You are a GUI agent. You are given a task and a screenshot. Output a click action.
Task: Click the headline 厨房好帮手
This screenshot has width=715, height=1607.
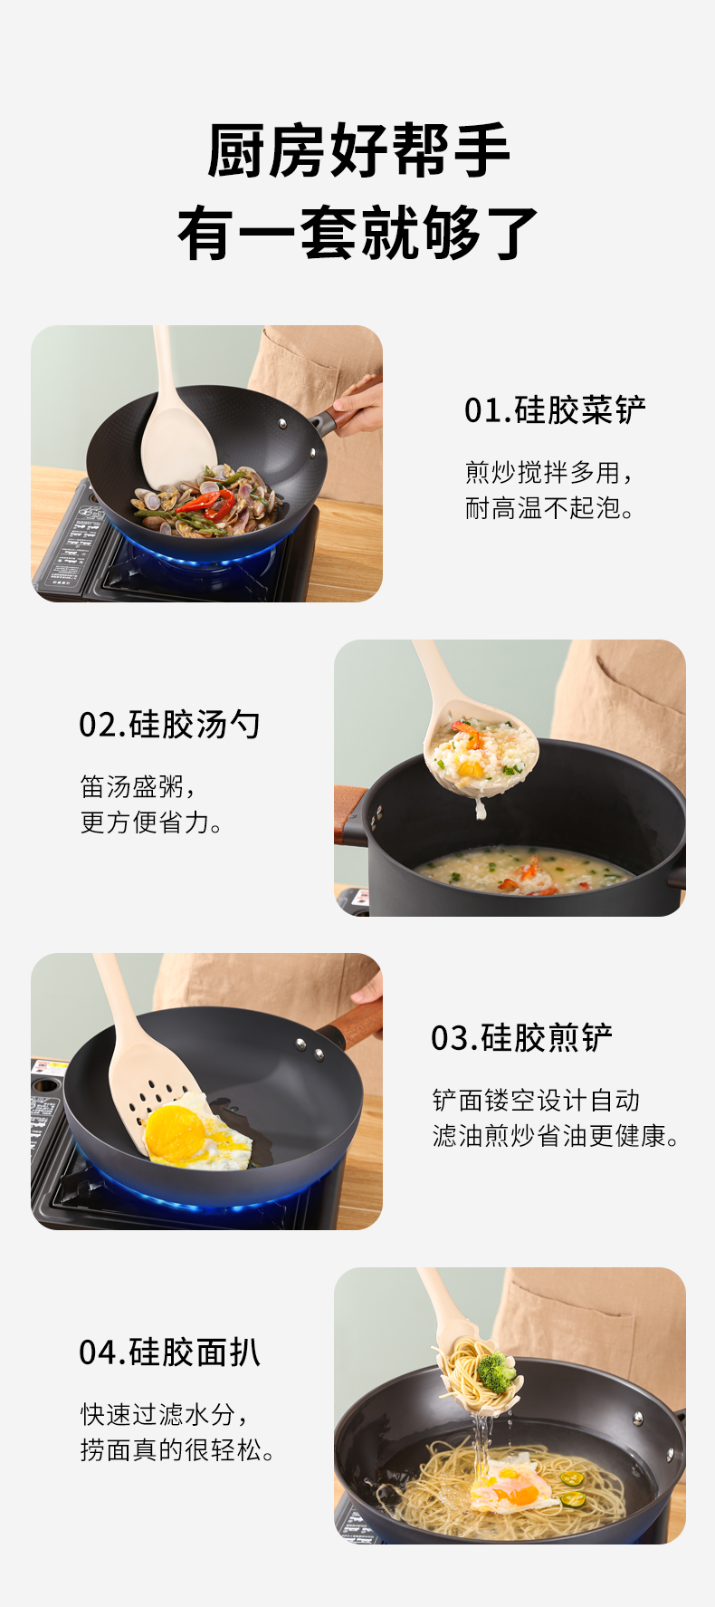tap(358, 150)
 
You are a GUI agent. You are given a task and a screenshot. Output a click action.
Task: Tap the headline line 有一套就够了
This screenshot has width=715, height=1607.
tap(358, 233)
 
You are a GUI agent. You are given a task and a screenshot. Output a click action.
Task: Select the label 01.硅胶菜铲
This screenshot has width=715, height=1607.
tap(555, 410)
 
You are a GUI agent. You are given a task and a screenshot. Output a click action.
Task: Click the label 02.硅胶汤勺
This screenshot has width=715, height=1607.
tap(169, 725)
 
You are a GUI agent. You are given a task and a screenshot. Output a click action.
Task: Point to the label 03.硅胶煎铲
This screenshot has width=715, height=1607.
tap(521, 1038)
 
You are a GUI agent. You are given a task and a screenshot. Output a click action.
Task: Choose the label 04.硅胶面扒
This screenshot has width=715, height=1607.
tap(169, 1352)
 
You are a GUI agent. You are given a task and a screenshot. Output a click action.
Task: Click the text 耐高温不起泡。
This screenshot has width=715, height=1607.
tap(549, 508)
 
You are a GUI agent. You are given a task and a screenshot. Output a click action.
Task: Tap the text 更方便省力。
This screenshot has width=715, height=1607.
tap(151, 823)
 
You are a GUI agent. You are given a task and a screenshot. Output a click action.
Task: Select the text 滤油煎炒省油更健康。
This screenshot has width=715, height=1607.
tap(556, 1136)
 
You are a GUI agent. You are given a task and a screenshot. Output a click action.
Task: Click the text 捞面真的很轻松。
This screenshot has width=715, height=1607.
tap(177, 1450)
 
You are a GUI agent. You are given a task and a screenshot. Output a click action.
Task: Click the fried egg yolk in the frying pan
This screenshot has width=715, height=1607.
tap(175, 1131)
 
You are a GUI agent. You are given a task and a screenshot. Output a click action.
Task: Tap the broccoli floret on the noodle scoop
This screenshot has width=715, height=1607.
tap(496, 1371)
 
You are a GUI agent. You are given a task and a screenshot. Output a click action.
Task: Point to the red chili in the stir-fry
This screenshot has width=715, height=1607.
tap(207, 501)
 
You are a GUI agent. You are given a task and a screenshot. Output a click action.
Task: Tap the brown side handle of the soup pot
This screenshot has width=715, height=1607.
tap(349, 815)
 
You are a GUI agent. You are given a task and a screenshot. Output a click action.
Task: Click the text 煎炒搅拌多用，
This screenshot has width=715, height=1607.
tap(550, 472)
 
